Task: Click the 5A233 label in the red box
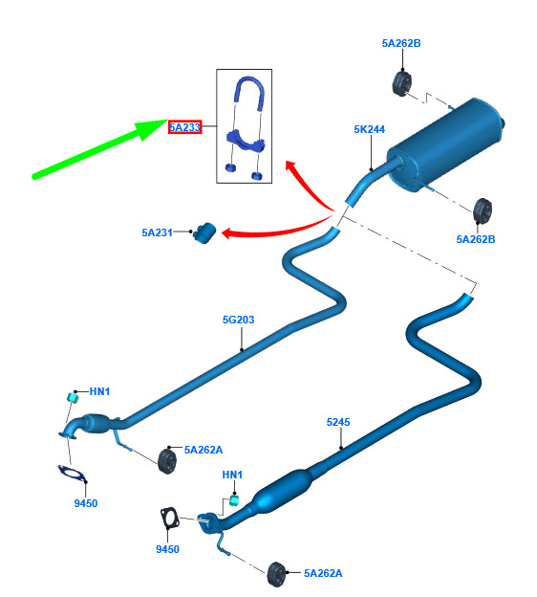(x=184, y=127)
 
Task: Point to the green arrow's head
(x=154, y=128)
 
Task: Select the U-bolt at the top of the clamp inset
(x=249, y=93)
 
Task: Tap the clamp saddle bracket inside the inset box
(x=246, y=141)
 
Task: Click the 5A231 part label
(x=157, y=232)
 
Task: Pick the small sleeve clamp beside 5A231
(x=204, y=232)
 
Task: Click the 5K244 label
(x=369, y=129)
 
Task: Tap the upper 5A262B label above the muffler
(x=401, y=43)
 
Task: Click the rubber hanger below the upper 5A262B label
(x=401, y=83)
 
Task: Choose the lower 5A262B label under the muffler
(x=476, y=239)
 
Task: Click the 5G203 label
(x=238, y=320)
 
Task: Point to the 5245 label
(x=338, y=422)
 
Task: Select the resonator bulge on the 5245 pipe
(x=284, y=490)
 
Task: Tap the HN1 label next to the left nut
(x=99, y=391)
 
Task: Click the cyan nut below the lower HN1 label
(x=235, y=500)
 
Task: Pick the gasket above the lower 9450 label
(x=169, y=518)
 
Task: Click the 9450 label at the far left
(x=86, y=503)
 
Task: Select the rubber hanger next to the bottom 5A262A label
(x=276, y=574)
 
